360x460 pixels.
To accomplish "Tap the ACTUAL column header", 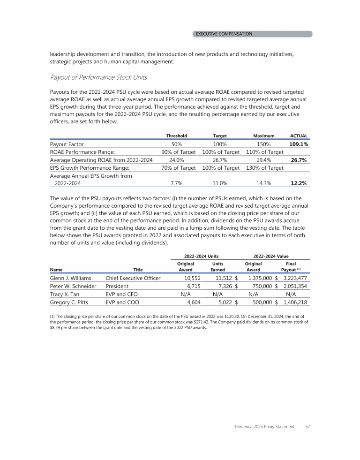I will tap(299, 136).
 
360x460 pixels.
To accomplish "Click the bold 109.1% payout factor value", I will tap(298, 144).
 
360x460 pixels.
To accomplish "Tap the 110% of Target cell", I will tap(265, 152).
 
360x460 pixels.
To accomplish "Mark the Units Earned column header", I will tap(218, 267).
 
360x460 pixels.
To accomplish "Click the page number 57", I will tap(308, 427).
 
